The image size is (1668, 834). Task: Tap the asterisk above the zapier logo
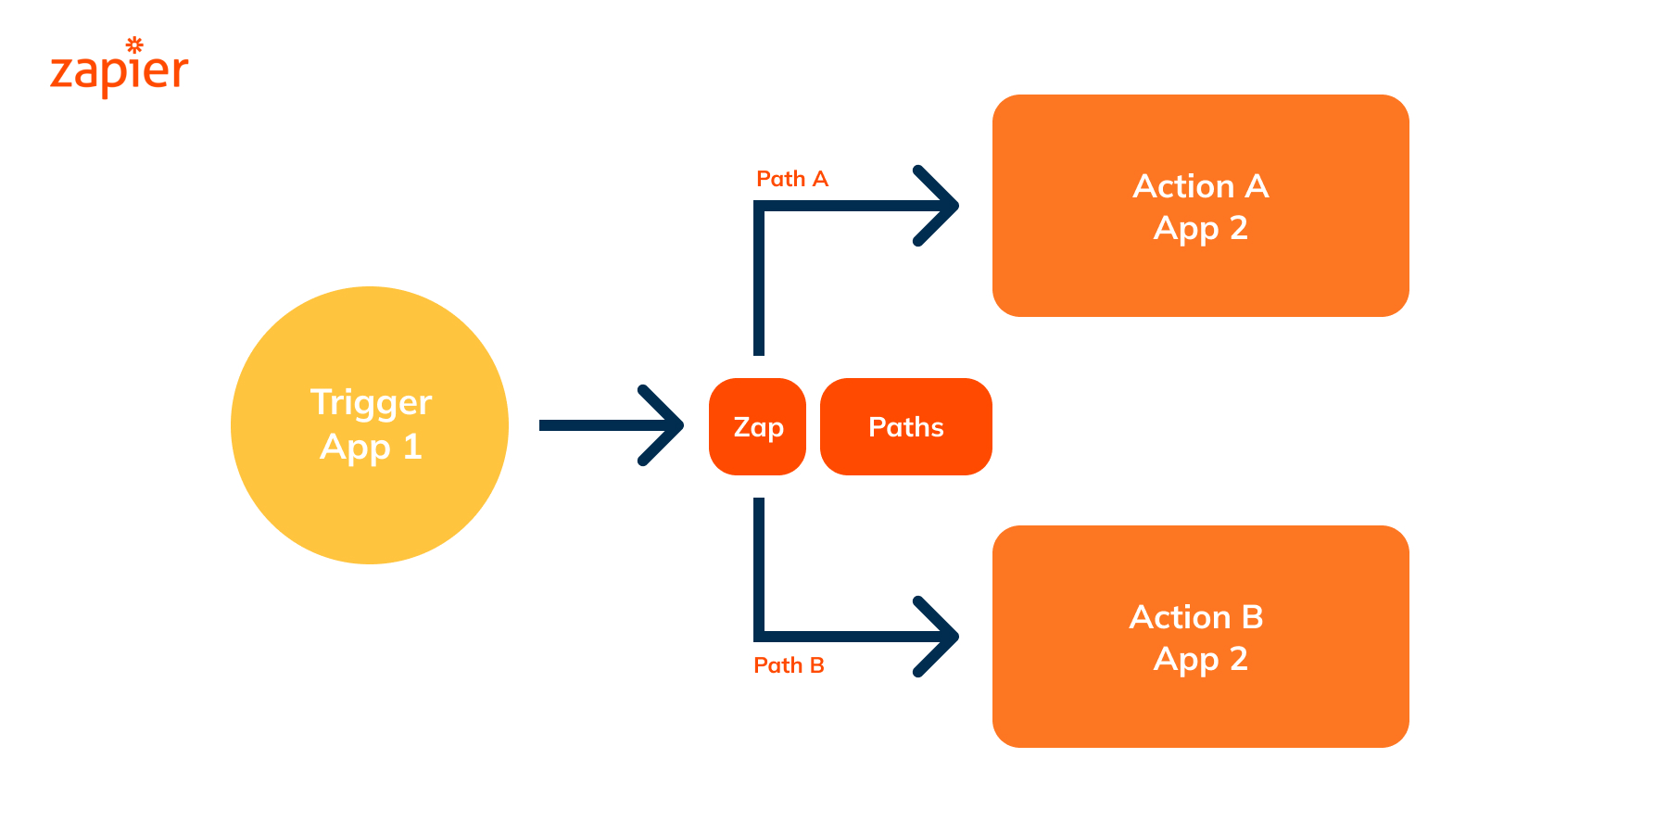(134, 44)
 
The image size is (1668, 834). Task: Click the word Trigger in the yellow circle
(371, 403)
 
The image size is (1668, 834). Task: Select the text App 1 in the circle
(371, 448)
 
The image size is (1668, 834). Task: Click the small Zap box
(757, 427)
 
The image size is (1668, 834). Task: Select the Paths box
(905, 427)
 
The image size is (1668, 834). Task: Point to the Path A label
(791, 179)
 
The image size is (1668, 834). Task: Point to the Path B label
(789, 665)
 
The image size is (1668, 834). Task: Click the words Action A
(1200, 186)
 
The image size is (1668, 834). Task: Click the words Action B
(1195, 617)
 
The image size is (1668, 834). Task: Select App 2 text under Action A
(1200, 228)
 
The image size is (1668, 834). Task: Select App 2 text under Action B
(1200, 659)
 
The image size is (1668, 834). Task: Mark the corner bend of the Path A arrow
(759, 207)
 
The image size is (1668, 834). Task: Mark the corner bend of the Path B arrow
(759, 636)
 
